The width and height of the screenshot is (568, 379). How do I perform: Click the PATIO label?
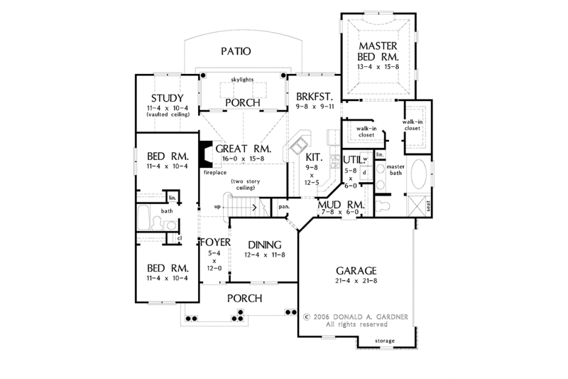coord(235,51)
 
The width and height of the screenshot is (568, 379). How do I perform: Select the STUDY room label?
coord(168,98)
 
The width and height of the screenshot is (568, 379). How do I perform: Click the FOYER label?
coord(214,242)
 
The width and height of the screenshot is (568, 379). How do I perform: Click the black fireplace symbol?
coord(204,153)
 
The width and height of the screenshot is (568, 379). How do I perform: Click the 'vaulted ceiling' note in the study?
coord(168,114)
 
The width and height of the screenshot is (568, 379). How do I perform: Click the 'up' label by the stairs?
coord(219,207)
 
